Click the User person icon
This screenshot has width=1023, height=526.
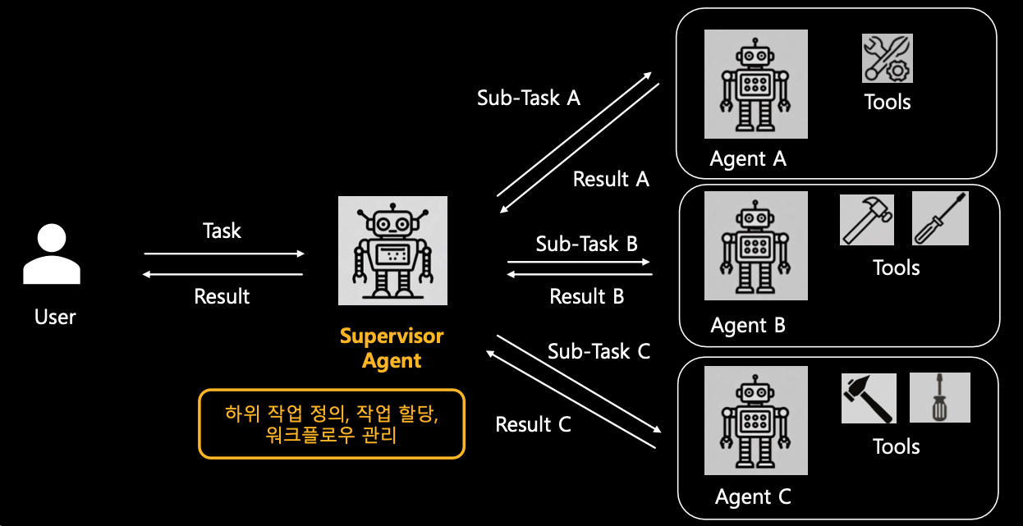[x=52, y=255]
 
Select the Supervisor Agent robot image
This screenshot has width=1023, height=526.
[x=393, y=250]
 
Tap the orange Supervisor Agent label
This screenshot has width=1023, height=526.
[x=392, y=348]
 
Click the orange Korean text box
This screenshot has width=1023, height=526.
[x=332, y=423]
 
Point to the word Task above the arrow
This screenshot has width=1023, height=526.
[x=222, y=231]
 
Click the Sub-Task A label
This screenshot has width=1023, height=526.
[x=529, y=98]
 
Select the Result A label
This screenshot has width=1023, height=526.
[x=611, y=179]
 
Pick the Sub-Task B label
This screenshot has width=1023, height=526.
[x=586, y=244]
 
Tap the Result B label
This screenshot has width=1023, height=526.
[x=586, y=296]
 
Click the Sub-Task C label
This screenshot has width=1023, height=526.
[x=599, y=351]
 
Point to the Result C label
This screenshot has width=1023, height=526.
[x=533, y=424]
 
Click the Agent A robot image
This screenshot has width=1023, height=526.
[x=755, y=85]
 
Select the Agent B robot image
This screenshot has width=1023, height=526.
[x=755, y=245]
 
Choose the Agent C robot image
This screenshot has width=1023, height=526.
[x=755, y=420]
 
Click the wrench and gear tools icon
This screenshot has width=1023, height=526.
[x=887, y=58]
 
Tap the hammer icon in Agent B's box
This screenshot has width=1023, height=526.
[x=867, y=220]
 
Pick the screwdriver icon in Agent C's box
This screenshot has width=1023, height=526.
[x=939, y=398]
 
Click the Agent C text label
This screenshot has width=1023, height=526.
[x=753, y=496]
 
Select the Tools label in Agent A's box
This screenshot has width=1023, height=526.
[x=888, y=102]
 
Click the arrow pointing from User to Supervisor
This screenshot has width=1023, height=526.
[x=224, y=254]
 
